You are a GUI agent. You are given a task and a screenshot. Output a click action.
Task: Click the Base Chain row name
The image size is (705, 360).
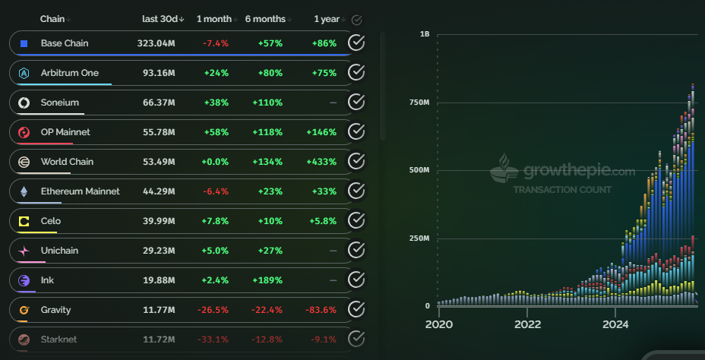pyautogui.click(x=65, y=43)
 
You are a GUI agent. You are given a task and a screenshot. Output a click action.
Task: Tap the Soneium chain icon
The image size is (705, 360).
pyautogui.click(x=24, y=103)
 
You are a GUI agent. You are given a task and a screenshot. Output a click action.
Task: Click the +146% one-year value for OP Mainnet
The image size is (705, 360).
pyautogui.click(x=321, y=132)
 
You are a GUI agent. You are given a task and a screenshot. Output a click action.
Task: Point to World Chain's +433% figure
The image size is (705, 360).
pyautogui.click(x=321, y=162)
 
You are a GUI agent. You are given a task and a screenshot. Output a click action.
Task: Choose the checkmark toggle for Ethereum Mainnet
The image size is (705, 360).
pyautogui.click(x=356, y=191)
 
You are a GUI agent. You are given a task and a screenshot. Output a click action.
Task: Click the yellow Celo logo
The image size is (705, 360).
pyautogui.click(x=24, y=221)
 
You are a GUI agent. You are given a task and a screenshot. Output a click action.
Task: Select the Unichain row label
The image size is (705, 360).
pyautogui.click(x=59, y=251)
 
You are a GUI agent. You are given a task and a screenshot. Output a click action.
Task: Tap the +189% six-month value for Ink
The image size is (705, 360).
pyautogui.click(x=270, y=280)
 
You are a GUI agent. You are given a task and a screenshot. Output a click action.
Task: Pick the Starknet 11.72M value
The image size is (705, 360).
pyautogui.click(x=159, y=339)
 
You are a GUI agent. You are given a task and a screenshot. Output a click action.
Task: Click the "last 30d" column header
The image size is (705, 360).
pyautogui.click(x=160, y=19)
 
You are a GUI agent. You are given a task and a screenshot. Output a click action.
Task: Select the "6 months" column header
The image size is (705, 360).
pyautogui.click(x=265, y=19)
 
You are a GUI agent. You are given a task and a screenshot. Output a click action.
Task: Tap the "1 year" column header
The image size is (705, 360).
pyautogui.click(x=327, y=19)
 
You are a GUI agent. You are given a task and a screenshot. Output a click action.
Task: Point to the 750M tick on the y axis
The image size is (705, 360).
pyautogui.click(x=419, y=103)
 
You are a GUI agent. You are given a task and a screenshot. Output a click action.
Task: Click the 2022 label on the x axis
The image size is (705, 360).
pyautogui.click(x=527, y=324)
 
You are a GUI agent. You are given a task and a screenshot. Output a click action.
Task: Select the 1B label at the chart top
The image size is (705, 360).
pyautogui.click(x=424, y=34)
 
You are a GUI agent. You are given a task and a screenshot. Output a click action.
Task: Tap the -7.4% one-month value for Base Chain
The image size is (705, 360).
pyautogui.click(x=216, y=43)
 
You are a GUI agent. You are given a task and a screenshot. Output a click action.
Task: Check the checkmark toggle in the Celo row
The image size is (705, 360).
pyautogui.click(x=356, y=221)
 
